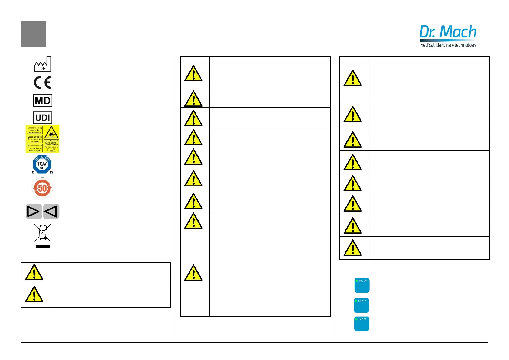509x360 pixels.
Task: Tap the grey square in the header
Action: tap(33, 34)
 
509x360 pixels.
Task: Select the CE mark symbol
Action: tap(43, 83)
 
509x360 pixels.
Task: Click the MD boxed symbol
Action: tap(43, 101)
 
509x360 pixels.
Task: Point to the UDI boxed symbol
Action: tap(43, 118)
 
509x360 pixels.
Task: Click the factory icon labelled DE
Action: tap(43, 64)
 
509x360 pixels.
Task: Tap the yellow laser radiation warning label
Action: tap(42, 139)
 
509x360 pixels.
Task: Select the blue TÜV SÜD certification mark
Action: tap(42, 164)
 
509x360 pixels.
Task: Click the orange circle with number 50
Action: tap(42, 188)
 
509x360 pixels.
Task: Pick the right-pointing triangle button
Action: tap(33, 211)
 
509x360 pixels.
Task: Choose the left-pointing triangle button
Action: tap(51, 211)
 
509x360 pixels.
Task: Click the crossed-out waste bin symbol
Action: tap(43, 232)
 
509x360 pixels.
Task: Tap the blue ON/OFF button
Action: tap(362, 285)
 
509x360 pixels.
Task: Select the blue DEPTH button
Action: tap(361, 305)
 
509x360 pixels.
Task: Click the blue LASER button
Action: tap(361, 324)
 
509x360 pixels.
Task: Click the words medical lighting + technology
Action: tap(448, 45)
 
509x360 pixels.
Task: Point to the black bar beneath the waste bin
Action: tap(43, 247)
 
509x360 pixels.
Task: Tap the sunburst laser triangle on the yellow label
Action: tap(51, 132)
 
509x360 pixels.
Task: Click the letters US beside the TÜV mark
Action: tap(51, 172)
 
